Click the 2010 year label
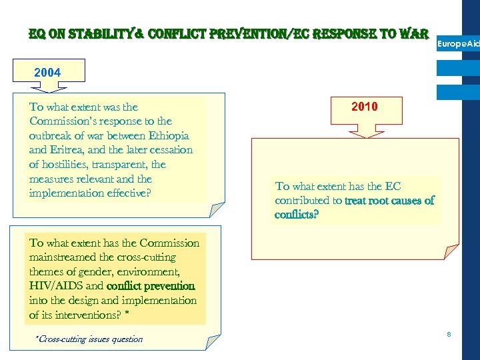pyautogui.click(x=364, y=107)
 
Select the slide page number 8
pyautogui.click(x=449, y=333)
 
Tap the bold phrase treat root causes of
pyautogui.click(x=389, y=201)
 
